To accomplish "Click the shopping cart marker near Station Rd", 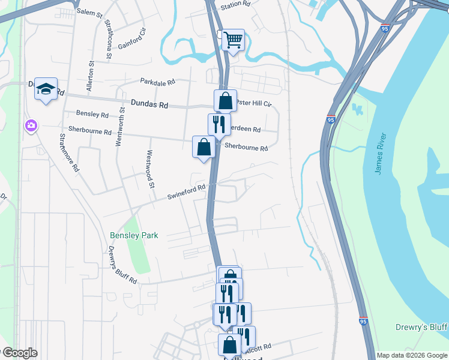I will [x=233, y=40].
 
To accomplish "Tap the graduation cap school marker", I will [x=46, y=89].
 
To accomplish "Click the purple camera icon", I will [x=30, y=125].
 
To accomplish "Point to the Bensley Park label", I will [x=134, y=235].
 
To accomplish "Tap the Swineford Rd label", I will [x=186, y=191].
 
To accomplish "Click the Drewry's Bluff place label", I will [x=421, y=326].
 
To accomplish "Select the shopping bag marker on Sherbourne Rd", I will [x=203, y=146].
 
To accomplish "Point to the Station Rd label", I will [x=235, y=4].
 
